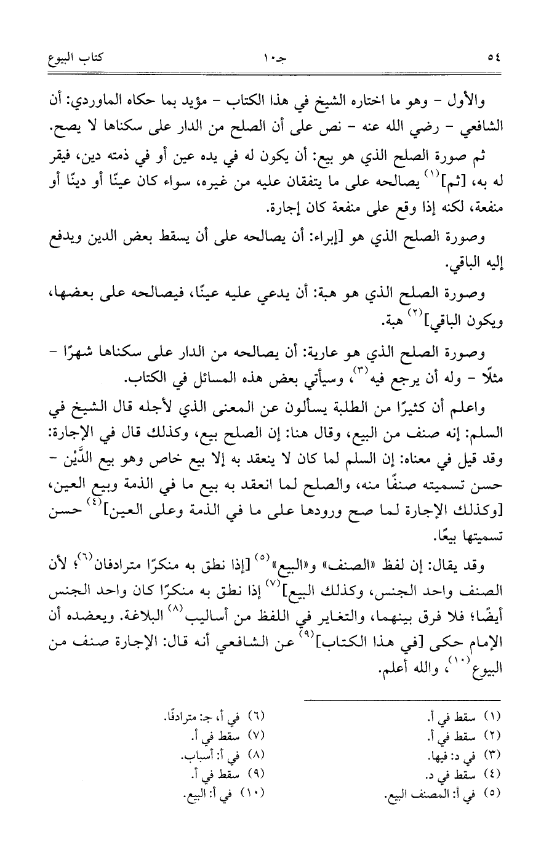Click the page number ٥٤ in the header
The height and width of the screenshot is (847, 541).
pyautogui.click(x=494, y=60)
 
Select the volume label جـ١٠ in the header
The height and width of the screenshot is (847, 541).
pyautogui.click(x=272, y=60)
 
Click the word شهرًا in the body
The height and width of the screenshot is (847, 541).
pyautogui.click(x=82, y=355)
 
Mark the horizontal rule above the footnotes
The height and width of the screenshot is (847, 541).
pyautogui.click(x=403, y=698)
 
